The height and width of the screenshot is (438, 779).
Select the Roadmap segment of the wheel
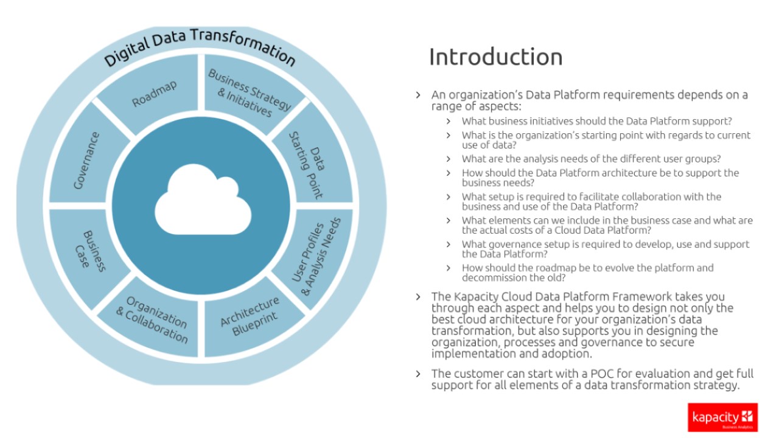(155, 94)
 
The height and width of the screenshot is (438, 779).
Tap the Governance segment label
(86, 160)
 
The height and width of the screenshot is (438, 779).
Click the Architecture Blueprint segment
(250, 316)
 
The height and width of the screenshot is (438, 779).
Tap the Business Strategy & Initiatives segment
(250, 93)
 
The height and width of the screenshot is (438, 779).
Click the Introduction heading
(495, 57)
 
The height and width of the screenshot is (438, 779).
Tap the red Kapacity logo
(722, 417)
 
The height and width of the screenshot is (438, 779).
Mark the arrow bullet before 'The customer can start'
(418, 374)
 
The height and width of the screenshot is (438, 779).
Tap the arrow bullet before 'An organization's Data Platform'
(418, 95)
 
